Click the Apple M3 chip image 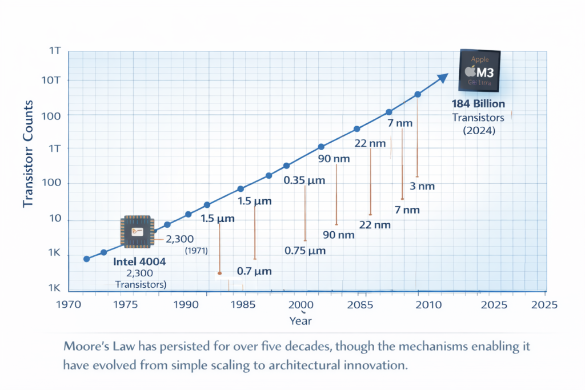(x=480, y=70)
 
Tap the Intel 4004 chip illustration (x=137, y=232)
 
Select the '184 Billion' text (x=478, y=104)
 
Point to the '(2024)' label (x=478, y=130)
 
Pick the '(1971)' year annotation (x=196, y=251)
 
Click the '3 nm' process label (x=423, y=186)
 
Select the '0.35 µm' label (x=304, y=180)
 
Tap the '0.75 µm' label (x=305, y=251)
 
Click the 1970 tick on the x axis (x=71, y=304)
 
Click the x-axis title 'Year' (x=300, y=321)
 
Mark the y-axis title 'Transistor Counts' (x=29, y=154)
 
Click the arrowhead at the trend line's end (x=443, y=78)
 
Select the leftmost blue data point (x=86, y=259)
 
